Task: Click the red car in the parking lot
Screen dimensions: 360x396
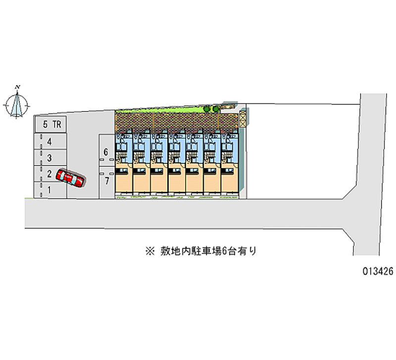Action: point(70,178)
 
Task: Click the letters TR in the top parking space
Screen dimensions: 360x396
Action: point(57,125)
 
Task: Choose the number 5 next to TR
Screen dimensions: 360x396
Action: point(45,125)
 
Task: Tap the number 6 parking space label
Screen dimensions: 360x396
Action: point(106,152)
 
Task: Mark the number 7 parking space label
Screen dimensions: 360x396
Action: point(106,181)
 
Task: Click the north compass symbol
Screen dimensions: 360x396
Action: point(17,105)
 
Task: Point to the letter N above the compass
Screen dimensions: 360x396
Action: point(18,87)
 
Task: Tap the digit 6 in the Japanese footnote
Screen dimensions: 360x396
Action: point(224,251)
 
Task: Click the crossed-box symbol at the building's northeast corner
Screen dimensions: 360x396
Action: point(243,119)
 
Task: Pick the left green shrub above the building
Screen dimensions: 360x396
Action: point(207,108)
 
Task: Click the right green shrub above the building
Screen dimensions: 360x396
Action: point(216,107)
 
